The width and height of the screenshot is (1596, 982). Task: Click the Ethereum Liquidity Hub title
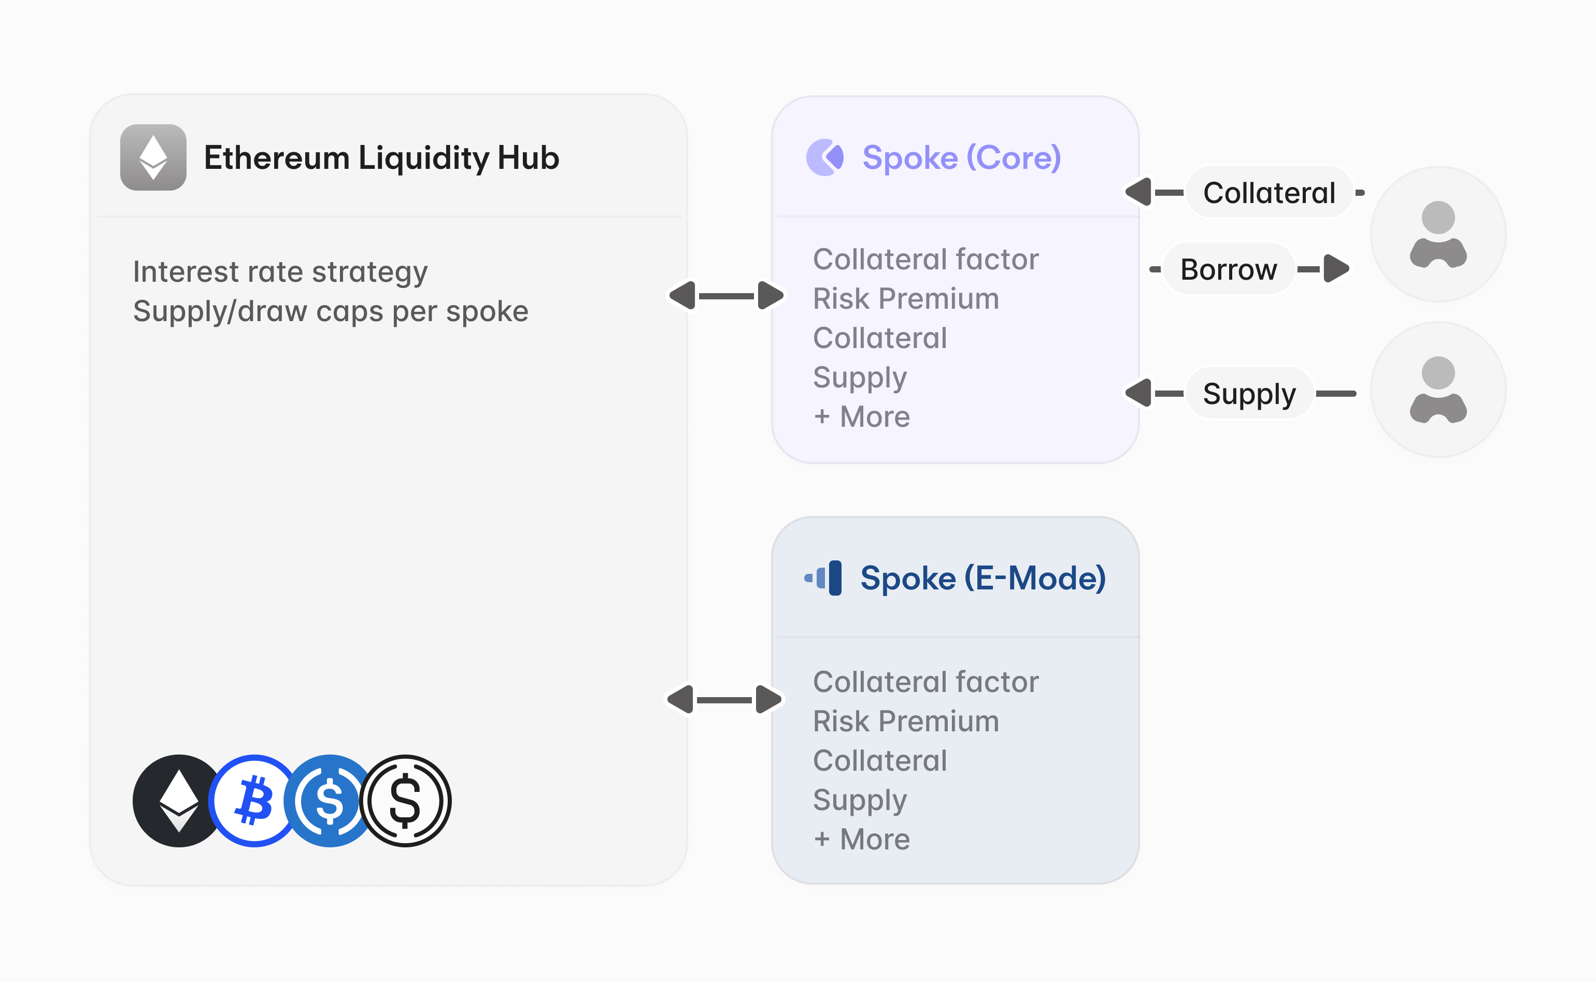click(381, 158)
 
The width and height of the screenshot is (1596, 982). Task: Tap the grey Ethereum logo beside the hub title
click(153, 158)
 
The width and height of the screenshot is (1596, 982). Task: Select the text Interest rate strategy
click(280, 271)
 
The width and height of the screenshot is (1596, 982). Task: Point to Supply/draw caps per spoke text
click(330, 311)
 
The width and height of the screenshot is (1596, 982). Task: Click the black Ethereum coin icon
click(177, 800)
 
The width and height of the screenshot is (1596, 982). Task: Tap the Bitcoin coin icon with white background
click(253, 800)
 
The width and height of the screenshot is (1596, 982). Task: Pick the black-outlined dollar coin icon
click(405, 800)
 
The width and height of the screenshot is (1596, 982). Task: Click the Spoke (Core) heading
click(961, 158)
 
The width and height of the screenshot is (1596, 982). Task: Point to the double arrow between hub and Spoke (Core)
click(726, 296)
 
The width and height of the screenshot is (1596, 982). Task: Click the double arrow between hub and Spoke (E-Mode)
click(724, 700)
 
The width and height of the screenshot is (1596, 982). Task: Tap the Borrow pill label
click(1228, 269)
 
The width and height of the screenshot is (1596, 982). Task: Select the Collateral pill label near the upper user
click(1269, 193)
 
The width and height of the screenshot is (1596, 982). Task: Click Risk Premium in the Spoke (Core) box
click(905, 299)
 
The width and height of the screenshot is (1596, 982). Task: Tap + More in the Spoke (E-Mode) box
click(861, 839)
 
